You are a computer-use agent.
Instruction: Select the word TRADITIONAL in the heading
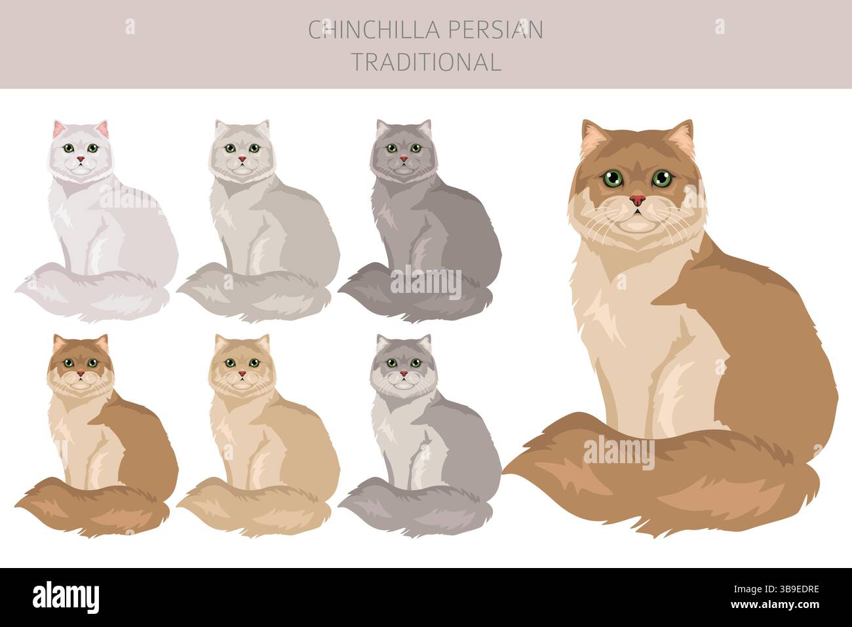tap(427, 62)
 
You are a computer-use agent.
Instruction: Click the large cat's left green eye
tap(613, 177)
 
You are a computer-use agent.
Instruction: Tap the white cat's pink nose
tap(80, 159)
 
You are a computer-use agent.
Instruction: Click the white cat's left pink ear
tap(59, 129)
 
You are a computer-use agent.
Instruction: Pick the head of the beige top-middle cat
tap(242, 149)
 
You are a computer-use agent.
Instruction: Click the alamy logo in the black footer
tap(66, 597)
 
